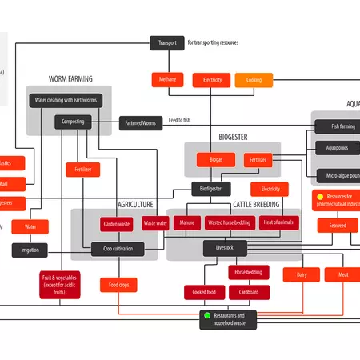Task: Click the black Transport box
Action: [x=167, y=42]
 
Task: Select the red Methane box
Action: [x=167, y=80]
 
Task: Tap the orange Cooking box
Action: [x=254, y=80]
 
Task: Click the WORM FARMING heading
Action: [x=70, y=79]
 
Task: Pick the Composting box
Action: [x=74, y=122]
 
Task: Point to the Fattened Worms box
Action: [x=143, y=123]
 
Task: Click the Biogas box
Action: [x=216, y=160]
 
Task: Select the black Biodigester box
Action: [x=211, y=189]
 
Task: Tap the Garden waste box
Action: [x=117, y=223]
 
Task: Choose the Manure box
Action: [x=186, y=223]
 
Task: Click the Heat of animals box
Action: [x=278, y=223]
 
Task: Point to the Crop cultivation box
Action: [x=118, y=249]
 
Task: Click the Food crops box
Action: [x=118, y=285]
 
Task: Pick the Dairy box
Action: [x=302, y=275]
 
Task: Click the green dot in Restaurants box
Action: [x=206, y=316]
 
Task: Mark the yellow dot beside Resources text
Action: [x=320, y=196]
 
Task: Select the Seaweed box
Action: [x=338, y=226]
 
